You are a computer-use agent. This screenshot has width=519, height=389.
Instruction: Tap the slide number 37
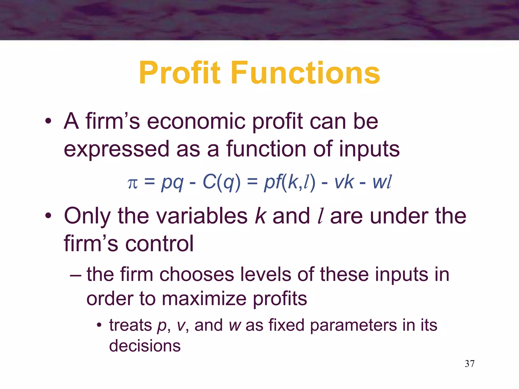tap(469, 364)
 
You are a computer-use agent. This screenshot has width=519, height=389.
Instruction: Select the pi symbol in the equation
tap(133, 183)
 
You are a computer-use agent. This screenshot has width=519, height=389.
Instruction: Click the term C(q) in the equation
tap(221, 182)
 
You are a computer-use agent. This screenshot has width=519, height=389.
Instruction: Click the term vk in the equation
tap(344, 182)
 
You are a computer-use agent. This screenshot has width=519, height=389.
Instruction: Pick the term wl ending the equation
tap(382, 182)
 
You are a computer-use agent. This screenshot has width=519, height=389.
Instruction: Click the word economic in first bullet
tap(196, 122)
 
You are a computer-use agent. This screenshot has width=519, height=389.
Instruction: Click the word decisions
tap(145, 346)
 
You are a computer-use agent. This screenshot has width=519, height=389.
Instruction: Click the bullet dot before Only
tap(48, 216)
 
